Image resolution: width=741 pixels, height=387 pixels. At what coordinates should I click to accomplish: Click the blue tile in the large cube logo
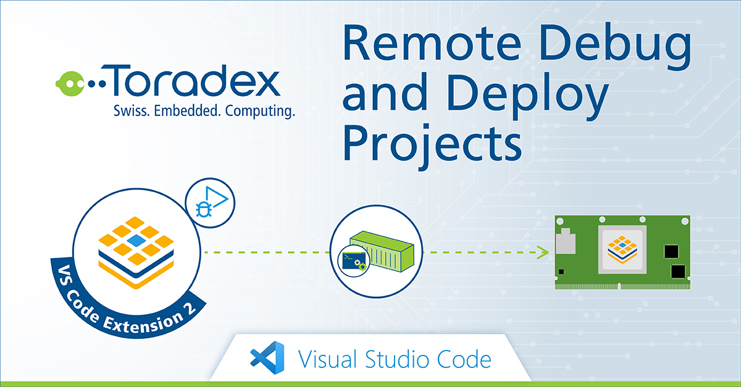[138, 238]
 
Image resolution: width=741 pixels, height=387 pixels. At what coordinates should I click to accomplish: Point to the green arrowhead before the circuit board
[544, 252]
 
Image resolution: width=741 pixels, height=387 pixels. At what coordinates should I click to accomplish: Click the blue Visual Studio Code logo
[266, 357]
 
